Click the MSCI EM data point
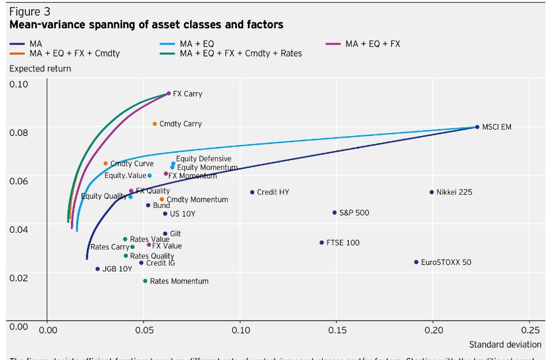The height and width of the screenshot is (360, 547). [x=477, y=127]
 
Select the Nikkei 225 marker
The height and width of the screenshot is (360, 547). [x=431, y=192]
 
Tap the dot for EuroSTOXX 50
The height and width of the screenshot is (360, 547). [x=416, y=262]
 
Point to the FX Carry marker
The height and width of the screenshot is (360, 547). [x=169, y=93]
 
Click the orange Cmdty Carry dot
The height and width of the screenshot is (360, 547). [x=154, y=124]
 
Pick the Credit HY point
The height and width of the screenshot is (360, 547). [x=252, y=192]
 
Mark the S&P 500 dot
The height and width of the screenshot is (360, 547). [x=334, y=213]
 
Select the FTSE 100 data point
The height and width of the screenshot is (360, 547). [x=322, y=242]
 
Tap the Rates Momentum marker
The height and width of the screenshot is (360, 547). [x=145, y=281]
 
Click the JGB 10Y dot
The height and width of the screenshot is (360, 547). [x=97, y=269]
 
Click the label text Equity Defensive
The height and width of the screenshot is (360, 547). [x=203, y=159]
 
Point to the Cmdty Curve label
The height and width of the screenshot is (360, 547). [x=132, y=164]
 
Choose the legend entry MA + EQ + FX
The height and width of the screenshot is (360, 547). [x=372, y=43]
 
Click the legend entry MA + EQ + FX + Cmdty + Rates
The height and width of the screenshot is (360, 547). [x=240, y=54]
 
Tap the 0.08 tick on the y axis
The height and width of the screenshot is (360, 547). [x=19, y=132]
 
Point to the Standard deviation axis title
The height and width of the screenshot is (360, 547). [x=505, y=344]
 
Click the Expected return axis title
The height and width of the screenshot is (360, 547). [x=40, y=69]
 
